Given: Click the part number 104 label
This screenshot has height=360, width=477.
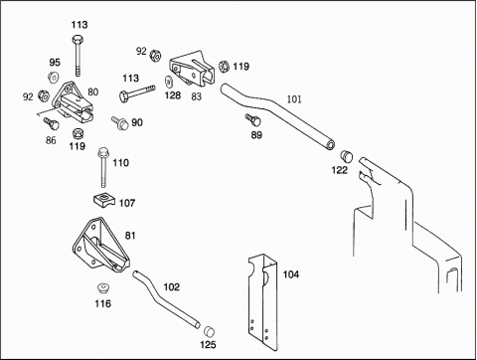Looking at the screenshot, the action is click(x=291, y=274).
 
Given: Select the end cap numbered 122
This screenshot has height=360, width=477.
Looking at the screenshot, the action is click(x=347, y=156).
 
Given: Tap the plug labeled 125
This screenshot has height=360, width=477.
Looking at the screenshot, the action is click(x=209, y=331).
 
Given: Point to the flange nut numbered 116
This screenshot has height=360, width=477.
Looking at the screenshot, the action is click(x=104, y=287).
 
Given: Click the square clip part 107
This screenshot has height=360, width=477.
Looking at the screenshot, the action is click(x=103, y=200).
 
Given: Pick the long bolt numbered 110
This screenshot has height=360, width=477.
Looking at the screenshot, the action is click(x=102, y=167).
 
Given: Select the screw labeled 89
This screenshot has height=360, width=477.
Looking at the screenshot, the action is click(x=253, y=120).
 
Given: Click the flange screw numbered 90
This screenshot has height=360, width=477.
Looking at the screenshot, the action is click(x=120, y=123).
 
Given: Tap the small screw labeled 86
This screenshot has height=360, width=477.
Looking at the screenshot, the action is click(x=52, y=123).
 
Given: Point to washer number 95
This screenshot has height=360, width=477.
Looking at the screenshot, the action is click(x=54, y=78).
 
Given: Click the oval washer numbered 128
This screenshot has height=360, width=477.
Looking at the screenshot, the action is click(x=169, y=82).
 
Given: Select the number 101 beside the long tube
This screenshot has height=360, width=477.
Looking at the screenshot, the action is click(x=294, y=99).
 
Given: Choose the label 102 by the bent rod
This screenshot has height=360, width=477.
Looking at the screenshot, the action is click(x=172, y=286).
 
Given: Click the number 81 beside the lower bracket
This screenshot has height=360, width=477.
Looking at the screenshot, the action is click(x=130, y=236).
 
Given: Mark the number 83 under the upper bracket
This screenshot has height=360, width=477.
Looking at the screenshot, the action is click(x=197, y=96).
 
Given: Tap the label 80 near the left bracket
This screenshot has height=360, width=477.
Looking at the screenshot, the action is click(x=93, y=91).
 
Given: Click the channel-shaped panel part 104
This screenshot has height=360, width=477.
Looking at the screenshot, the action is click(x=263, y=301).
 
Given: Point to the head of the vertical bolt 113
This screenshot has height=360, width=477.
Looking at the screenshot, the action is click(x=78, y=40).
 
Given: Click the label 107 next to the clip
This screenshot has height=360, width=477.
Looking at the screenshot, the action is click(x=127, y=203).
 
